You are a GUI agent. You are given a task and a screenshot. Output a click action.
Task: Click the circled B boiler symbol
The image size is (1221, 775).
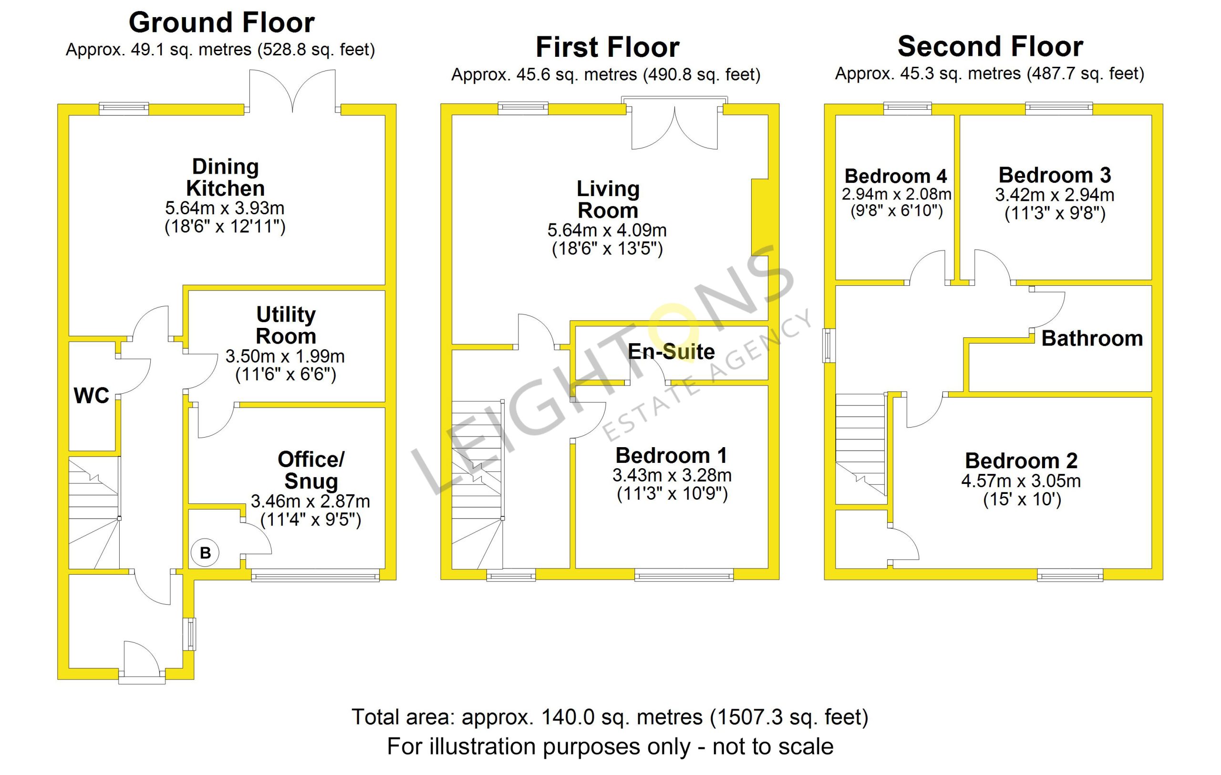(x=205, y=552)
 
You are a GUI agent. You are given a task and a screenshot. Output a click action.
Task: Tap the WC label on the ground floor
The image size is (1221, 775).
(x=91, y=396)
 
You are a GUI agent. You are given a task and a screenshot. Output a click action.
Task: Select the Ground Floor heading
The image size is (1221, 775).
(x=222, y=23)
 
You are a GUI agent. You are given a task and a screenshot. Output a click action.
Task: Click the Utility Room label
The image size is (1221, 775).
(x=286, y=325)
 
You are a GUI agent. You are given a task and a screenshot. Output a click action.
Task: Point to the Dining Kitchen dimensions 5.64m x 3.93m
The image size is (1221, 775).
(x=225, y=208)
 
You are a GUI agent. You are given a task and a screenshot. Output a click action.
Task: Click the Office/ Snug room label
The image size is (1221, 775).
(x=311, y=470)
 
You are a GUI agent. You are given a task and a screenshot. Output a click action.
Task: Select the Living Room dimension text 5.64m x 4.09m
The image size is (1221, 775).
(x=607, y=230)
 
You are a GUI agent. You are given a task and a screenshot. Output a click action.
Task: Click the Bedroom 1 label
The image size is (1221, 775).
(x=672, y=455)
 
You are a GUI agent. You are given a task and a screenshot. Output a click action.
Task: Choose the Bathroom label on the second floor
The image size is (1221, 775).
(x=1092, y=338)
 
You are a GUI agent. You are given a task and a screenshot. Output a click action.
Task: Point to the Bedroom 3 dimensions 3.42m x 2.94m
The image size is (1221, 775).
(x=1055, y=195)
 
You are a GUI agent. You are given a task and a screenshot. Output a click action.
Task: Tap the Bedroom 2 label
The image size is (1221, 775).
(x=1021, y=461)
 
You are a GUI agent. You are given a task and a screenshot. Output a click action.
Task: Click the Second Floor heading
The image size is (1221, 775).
(x=990, y=47)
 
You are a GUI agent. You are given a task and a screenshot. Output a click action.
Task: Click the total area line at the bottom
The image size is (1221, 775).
(x=610, y=717)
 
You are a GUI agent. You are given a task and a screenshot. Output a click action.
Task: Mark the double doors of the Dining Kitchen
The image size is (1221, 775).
(x=292, y=91)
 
